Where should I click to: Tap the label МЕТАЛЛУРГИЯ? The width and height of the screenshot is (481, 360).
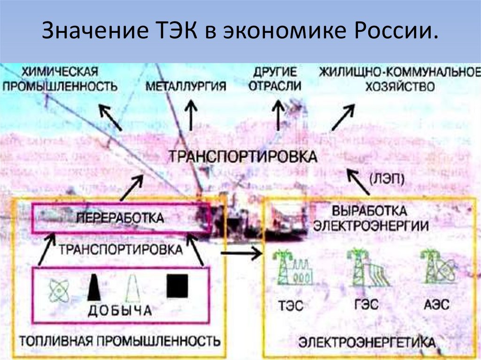(186, 86)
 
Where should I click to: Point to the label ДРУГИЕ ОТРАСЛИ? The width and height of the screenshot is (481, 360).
(275, 80)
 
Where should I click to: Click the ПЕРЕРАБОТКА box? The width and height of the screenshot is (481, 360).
(119, 218)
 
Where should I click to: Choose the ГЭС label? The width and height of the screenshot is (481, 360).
(365, 304)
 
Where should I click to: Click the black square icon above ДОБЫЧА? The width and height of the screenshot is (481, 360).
(178, 286)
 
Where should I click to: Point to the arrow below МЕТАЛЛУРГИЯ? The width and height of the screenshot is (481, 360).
(191, 116)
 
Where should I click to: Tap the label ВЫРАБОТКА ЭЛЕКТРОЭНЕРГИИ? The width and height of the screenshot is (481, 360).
(371, 218)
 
